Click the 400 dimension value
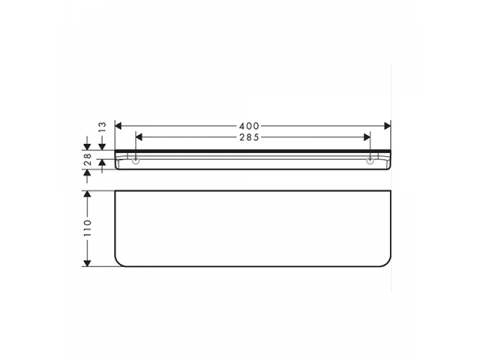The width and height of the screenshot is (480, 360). coord(249,126)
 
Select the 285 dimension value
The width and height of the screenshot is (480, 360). coord(249,137)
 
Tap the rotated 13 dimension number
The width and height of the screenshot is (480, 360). coord(102,127)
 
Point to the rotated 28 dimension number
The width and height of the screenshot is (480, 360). coord(87,159)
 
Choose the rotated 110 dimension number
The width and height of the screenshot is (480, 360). coord(87,228)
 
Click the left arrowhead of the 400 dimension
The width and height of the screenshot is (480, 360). coord(118,126)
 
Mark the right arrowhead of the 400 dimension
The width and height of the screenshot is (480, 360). coord(387,126)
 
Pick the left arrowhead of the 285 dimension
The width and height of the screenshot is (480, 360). coord(139,137)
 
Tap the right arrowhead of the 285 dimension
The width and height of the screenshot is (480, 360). coord(367,137)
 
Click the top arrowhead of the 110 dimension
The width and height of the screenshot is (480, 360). coord(87,194)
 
